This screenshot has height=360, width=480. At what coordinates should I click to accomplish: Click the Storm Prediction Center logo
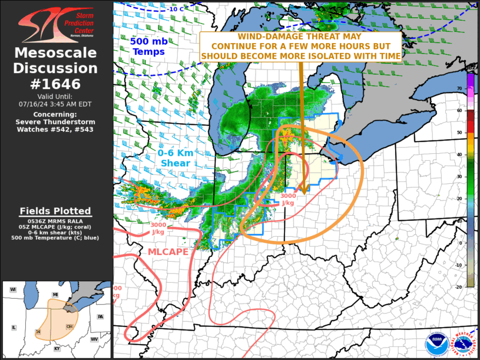(x=56, y=23)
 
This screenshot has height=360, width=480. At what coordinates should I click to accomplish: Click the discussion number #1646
(x=56, y=84)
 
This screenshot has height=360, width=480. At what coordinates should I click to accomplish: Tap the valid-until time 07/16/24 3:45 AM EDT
(x=56, y=104)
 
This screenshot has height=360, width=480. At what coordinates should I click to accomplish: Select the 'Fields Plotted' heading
(x=55, y=211)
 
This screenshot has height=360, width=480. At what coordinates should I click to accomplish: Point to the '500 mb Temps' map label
(x=148, y=47)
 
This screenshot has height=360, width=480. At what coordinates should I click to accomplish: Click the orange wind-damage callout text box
(x=301, y=47)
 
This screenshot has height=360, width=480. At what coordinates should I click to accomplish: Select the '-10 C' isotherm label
(x=175, y=9)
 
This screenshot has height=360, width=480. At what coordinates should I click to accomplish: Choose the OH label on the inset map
(x=69, y=326)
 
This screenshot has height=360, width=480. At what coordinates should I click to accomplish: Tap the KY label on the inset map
(x=57, y=349)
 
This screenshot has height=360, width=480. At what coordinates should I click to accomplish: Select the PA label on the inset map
(x=100, y=317)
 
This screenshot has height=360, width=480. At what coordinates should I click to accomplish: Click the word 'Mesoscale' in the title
(x=56, y=53)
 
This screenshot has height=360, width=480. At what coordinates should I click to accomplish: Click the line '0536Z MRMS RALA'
(x=55, y=221)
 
